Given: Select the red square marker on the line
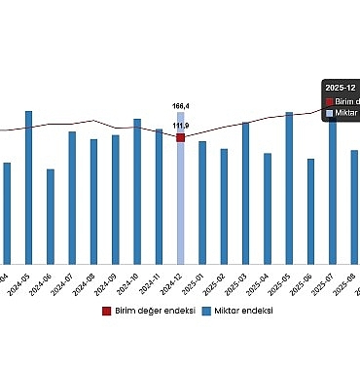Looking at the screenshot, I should click(x=181, y=138).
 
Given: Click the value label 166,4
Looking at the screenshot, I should click(x=181, y=105).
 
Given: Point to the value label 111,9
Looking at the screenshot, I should click(x=181, y=126).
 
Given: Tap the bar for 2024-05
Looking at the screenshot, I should click(x=28, y=185).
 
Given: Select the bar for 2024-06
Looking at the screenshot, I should click(x=51, y=214).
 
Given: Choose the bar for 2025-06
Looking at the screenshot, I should click(x=310, y=209).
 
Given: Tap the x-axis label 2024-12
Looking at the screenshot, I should click(x=174, y=281).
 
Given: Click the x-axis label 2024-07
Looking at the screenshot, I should click(x=65, y=281).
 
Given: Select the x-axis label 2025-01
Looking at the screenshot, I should click(x=196, y=281).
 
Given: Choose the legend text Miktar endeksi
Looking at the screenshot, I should click(x=243, y=311).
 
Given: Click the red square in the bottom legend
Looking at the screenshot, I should click(x=107, y=311).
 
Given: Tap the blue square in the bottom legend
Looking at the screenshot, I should click(x=206, y=311).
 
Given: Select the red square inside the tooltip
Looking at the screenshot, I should click(x=329, y=100).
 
